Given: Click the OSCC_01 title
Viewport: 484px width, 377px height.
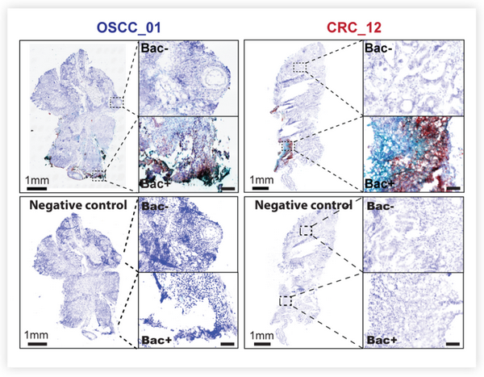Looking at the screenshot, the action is tap(129, 27).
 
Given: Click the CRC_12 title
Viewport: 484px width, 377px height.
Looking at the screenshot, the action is tap(354, 27).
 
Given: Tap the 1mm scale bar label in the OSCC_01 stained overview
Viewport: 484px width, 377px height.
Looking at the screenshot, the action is tap(37, 180).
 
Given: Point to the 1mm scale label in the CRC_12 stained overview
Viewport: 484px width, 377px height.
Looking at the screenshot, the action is tap(261, 180).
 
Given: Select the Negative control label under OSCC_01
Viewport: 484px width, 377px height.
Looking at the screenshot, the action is tap(78, 205).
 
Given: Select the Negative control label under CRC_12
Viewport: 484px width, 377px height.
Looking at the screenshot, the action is tap(304, 205).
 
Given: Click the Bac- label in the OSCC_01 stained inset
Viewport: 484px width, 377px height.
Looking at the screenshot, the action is tap(154, 48).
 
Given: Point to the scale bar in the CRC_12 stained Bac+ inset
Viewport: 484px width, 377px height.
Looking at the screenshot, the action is tap(453, 188).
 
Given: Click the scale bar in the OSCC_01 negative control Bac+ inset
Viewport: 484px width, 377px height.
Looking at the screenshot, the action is tap(227, 344).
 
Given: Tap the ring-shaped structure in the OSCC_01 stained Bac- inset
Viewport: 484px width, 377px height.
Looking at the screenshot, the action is tap(215, 78).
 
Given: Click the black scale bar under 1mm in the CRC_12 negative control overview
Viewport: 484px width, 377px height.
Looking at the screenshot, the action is tap(261, 343).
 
